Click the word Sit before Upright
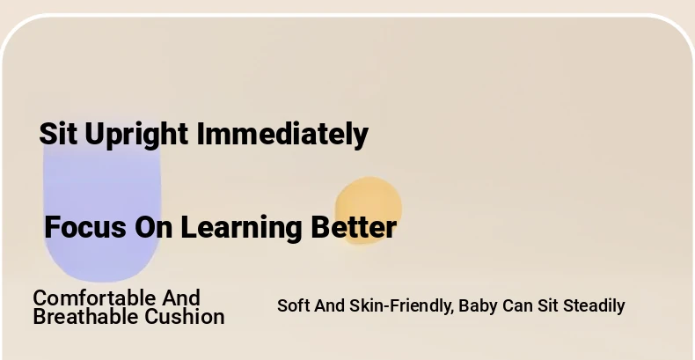pyautogui.click(x=57, y=134)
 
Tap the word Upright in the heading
pyautogui.click(x=136, y=136)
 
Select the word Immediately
pyautogui.click(x=282, y=136)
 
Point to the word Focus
pyautogui.click(x=85, y=227)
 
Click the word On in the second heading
pyautogui.click(x=154, y=227)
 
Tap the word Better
pyautogui.click(x=354, y=227)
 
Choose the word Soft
pyautogui.click(x=294, y=305)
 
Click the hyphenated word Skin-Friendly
pyautogui.click(x=401, y=306)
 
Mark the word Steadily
pyautogui.click(x=594, y=306)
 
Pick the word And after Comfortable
pyautogui.click(x=181, y=298)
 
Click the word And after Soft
pyautogui.click(x=329, y=305)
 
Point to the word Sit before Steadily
pyautogui.click(x=547, y=305)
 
